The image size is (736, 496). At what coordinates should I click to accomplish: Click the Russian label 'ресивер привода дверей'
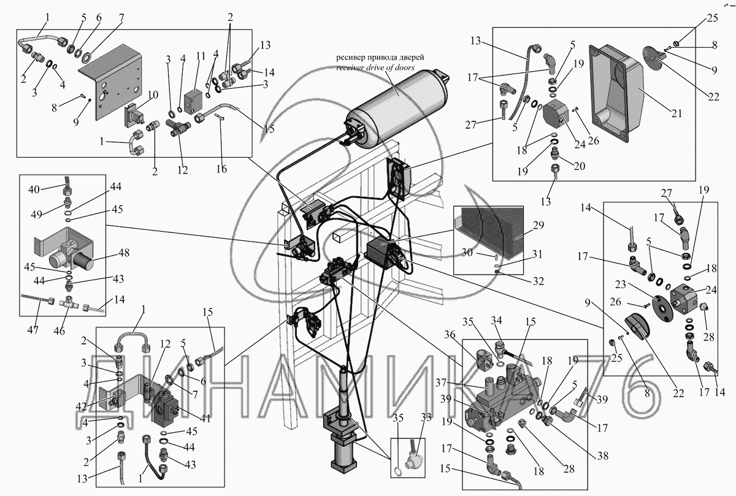click(380, 58)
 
